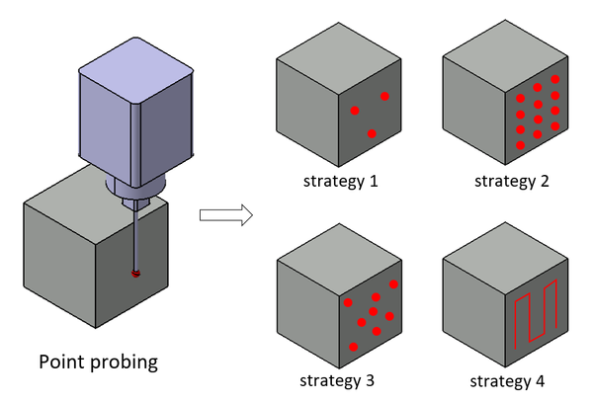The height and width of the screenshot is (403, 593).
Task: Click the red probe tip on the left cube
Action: tap(136, 273)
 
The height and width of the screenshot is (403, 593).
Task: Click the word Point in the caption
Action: tap(62, 362)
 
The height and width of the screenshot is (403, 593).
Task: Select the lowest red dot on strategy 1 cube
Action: tap(372, 133)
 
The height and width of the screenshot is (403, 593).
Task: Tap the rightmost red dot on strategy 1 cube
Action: tap(384, 96)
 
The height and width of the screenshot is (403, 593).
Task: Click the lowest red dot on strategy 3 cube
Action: tap(354, 346)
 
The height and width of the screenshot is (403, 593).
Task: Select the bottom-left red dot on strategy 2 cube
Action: tap(521, 145)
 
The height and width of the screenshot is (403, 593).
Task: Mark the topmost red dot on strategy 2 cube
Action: tap(555, 79)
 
